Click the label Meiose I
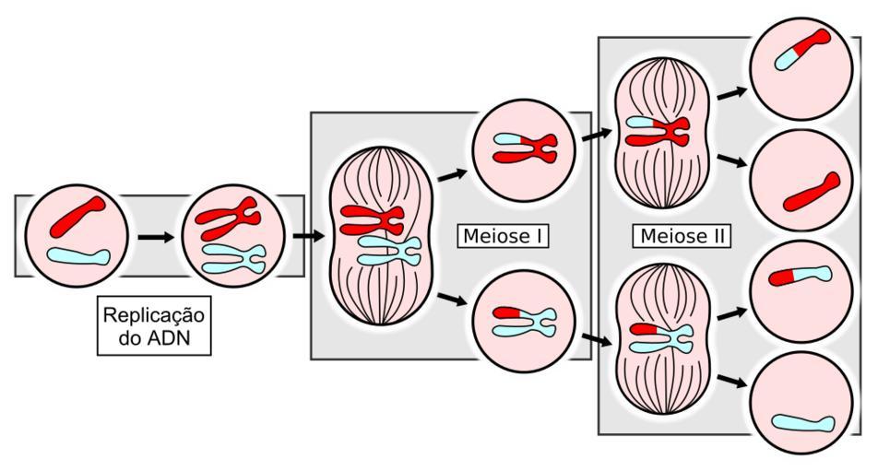[503, 237]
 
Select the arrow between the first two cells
[155, 237]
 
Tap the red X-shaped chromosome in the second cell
[228, 216]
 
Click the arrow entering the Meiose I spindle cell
[308, 235]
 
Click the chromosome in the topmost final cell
[801, 49]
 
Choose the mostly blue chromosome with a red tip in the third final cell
[800, 275]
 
